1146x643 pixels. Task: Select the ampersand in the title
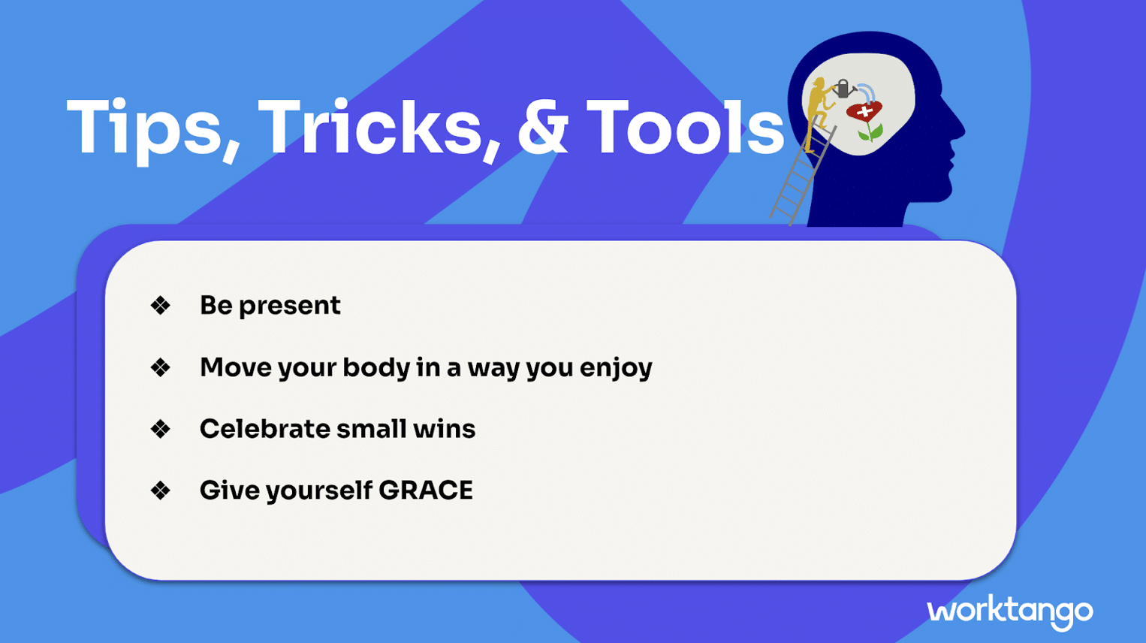[x=543, y=127]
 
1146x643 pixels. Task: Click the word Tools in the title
[x=685, y=127]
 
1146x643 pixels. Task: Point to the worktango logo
[x=1009, y=612]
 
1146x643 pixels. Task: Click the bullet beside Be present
[x=161, y=306]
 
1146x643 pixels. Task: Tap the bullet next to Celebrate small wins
[x=161, y=429]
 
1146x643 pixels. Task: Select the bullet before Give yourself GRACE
[x=161, y=491]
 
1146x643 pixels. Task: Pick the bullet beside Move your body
[x=161, y=367]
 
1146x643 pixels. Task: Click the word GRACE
[x=426, y=490]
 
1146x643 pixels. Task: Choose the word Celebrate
[x=264, y=429]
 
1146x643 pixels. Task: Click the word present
[x=290, y=306]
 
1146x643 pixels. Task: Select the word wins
[x=444, y=429]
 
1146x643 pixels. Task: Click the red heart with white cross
[x=864, y=111]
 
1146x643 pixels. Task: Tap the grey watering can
[x=843, y=89]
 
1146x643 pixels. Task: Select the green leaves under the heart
[x=870, y=133]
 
